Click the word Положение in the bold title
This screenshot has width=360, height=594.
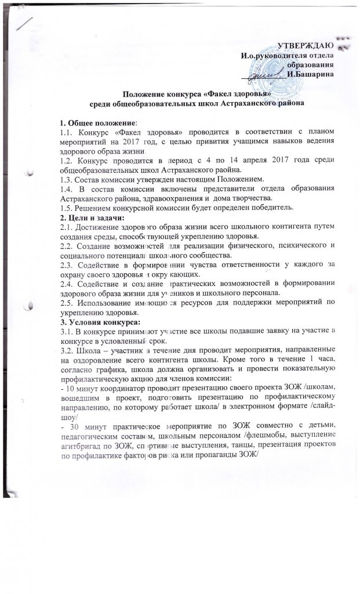tap(144, 93)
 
